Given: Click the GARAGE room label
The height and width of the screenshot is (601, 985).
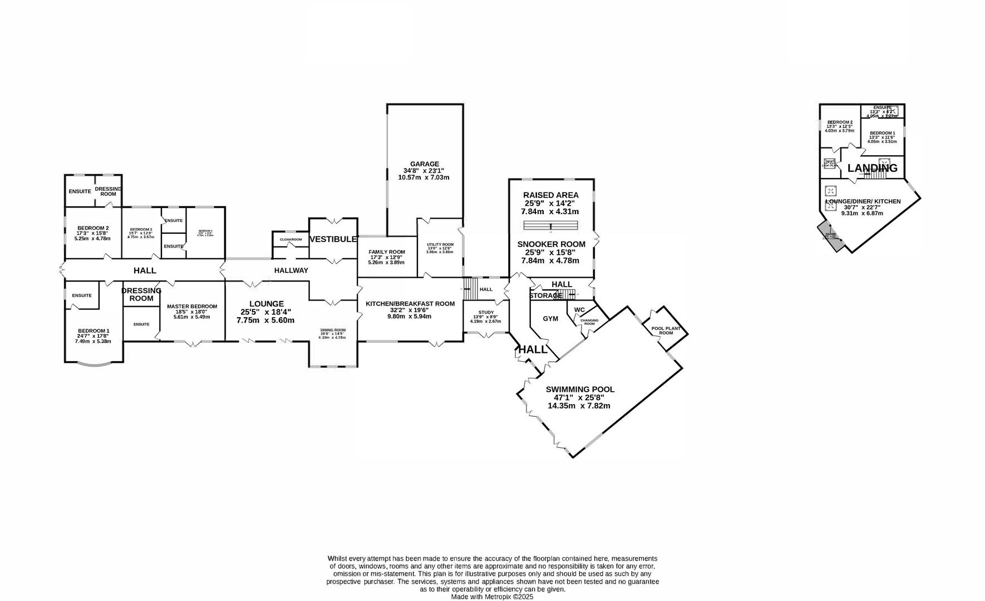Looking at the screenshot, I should pyautogui.click(x=425, y=164).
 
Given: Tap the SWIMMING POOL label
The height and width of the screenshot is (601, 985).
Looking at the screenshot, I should pyautogui.click(x=580, y=390).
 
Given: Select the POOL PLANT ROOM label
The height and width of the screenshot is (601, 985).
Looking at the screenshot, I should pyautogui.click(x=666, y=331).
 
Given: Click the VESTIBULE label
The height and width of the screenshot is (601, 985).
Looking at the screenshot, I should pyautogui.click(x=333, y=239).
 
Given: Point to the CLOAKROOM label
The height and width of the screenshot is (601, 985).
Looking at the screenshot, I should pyautogui.click(x=290, y=239).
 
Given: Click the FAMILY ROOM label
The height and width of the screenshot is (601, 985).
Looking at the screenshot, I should pyautogui.click(x=387, y=252).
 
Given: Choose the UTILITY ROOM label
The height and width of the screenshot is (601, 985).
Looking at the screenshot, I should pyautogui.click(x=440, y=245).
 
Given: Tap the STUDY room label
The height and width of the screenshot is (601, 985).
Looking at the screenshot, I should pyautogui.click(x=485, y=313).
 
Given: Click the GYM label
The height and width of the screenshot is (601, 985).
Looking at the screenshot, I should pyautogui.click(x=550, y=319).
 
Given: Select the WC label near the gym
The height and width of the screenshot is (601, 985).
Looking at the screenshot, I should pyautogui.click(x=579, y=310).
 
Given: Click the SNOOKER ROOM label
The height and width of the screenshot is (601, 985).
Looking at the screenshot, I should pyautogui.click(x=551, y=244).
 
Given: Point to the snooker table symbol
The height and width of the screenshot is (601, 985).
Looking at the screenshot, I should pyautogui.click(x=551, y=225).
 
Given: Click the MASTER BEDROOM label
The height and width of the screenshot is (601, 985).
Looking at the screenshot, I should pyautogui.click(x=192, y=307).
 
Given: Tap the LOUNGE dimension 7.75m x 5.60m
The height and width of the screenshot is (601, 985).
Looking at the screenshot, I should pyautogui.click(x=265, y=321).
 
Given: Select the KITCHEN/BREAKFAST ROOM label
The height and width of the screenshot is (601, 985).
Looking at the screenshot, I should pyautogui.click(x=410, y=304).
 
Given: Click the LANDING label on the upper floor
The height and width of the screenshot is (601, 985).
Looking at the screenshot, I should pyautogui.click(x=872, y=168).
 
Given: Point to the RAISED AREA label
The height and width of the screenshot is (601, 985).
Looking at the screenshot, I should pyautogui.click(x=550, y=195).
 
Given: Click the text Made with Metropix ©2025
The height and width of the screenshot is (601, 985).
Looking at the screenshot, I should pyautogui.click(x=492, y=597).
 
